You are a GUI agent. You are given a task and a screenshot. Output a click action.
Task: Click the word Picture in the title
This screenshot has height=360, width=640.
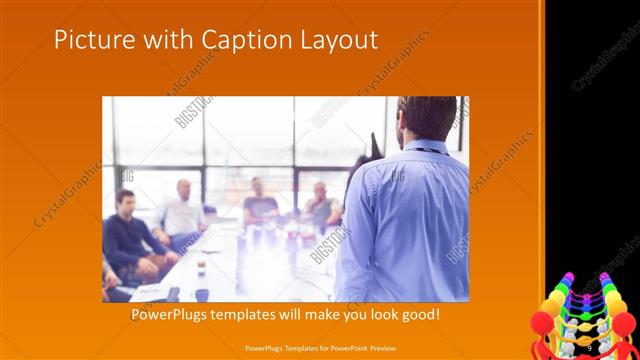pos(90,40)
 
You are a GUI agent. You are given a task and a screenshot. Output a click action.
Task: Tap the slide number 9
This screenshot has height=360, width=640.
pos(589,347)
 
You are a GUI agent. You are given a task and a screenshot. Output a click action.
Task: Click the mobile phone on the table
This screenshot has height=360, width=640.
pos(172,294)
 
